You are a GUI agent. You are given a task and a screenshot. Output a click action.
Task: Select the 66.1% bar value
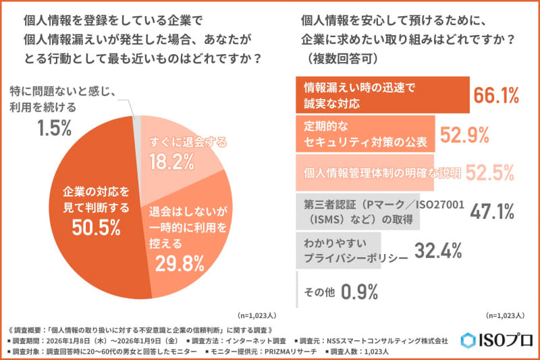click(x=496, y=96)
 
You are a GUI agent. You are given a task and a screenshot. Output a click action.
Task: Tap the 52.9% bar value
click(x=464, y=135)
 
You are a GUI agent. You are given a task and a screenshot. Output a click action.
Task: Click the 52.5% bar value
click(x=489, y=173)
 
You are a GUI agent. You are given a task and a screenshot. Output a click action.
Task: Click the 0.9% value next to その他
click(x=359, y=291)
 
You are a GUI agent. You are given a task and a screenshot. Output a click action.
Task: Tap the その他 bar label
click(x=319, y=291)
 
